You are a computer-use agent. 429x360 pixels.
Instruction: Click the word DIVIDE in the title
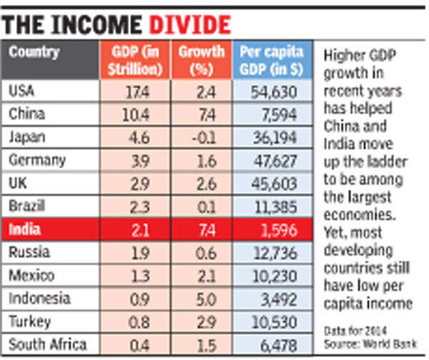pyautogui.click(x=190, y=25)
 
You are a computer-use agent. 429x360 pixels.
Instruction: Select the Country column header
pyautogui.click(x=34, y=52)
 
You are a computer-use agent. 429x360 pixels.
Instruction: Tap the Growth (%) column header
pyautogui.click(x=202, y=60)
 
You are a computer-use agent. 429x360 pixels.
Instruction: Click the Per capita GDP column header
pyautogui.click(x=272, y=60)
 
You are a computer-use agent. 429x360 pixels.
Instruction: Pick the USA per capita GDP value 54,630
pyautogui.click(x=274, y=92)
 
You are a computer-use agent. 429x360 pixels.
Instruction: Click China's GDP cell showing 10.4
pyautogui.click(x=136, y=115)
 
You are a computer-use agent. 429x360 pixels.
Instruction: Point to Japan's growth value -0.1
pyautogui.click(x=204, y=138)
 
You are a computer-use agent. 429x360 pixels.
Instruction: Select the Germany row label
pyautogui.click(x=37, y=160)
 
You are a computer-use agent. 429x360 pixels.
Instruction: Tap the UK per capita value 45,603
pyautogui.click(x=274, y=184)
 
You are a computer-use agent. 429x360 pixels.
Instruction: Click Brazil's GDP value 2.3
pyautogui.click(x=139, y=207)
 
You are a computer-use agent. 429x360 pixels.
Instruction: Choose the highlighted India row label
pyautogui.click(x=24, y=229)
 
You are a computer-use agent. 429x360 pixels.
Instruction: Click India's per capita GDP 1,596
pyautogui.click(x=279, y=230)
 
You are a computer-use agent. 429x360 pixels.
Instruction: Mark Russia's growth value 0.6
pyautogui.click(x=206, y=253)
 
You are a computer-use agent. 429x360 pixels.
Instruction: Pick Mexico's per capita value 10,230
pyautogui.click(x=275, y=276)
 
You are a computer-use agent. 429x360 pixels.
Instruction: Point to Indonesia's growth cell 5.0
pyautogui.click(x=207, y=299)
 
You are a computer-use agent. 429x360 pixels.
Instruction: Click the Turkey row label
pyautogui.click(x=30, y=321)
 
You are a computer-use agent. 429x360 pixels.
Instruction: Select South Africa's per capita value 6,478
pyautogui.click(x=279, y=346)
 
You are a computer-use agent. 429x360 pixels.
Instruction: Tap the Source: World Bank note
pyautogui.click(x=370, y=344)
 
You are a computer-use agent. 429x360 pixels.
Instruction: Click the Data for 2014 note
pyautogui.click(x=355, y=331)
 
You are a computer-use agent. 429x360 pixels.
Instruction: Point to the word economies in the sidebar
pyautogui.click(x=360, y=215)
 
